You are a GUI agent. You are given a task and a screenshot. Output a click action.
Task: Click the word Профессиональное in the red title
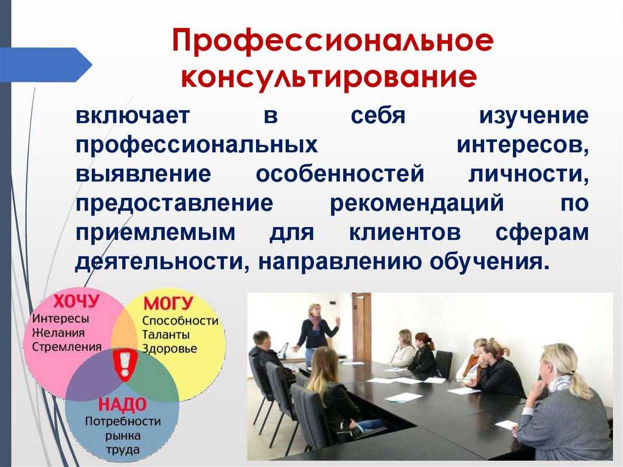[333, 41]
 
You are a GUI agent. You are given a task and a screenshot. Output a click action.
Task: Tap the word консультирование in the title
[329, 76]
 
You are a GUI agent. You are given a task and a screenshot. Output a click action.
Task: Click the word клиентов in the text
[405, 233]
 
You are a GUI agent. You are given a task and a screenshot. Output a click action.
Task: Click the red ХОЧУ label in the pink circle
[76, 301]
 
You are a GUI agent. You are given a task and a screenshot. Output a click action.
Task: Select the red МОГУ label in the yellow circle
[168, 303]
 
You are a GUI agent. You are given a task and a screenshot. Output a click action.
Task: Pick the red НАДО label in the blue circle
[122, 404]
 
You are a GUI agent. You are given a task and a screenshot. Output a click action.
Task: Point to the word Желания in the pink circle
[58, 332]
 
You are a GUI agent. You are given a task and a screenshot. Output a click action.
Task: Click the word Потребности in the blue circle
[123, 421]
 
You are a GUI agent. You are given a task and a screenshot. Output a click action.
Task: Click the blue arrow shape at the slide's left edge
[46, 65]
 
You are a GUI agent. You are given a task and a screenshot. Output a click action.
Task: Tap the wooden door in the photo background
[361, 327]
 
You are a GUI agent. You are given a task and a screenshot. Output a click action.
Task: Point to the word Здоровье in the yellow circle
[170, 349]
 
